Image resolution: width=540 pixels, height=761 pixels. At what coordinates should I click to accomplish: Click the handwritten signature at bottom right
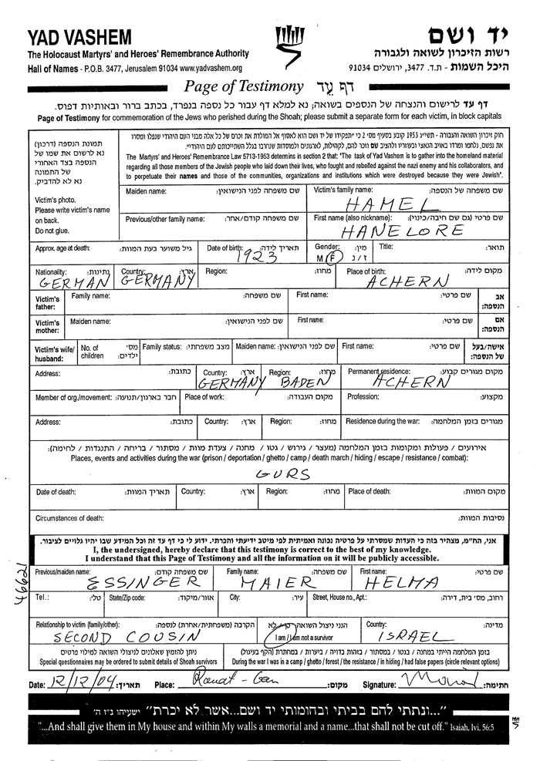[x=440, y=682]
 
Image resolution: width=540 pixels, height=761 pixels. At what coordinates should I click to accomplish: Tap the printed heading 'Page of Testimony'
[x=243, y=86]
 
